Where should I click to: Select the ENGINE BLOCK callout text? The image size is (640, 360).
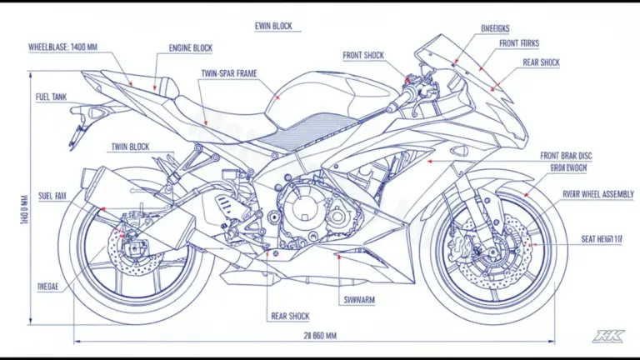[191, 47]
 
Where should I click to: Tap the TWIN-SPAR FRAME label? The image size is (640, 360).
[228, 74]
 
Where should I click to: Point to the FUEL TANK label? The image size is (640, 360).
[51, 97]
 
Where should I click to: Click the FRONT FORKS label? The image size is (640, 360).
[520, 43]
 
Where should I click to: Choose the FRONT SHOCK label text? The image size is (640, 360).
[364, 56]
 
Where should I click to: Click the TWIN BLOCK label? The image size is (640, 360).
[131, 147]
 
